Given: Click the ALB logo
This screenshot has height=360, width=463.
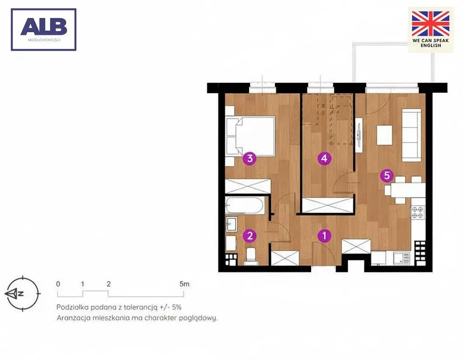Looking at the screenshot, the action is coord(44,30).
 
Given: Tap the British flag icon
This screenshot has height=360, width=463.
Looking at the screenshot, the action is coord(431,24).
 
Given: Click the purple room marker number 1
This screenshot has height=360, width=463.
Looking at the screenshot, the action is coord(324,236).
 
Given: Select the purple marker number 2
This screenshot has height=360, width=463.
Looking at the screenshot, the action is coord(250,236).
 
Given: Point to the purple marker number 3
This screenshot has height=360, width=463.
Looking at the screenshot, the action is coord(250,158).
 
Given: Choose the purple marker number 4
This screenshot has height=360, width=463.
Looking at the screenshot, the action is coord(324,158).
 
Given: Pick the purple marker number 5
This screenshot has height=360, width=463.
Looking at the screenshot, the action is coord(387,176).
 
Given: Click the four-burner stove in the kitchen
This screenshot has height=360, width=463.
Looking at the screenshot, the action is coord(418,213).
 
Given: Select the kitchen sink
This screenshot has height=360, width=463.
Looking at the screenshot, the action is coord(402,258).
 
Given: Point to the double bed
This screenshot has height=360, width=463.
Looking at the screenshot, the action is coord(250,136).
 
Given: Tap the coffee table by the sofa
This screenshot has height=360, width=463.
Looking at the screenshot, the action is coord(384,135).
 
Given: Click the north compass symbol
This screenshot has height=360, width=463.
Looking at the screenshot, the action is coord(22,293).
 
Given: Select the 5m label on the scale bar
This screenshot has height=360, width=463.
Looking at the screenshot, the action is coord(184,284).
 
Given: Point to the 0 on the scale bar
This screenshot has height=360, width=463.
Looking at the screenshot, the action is coord(58,284).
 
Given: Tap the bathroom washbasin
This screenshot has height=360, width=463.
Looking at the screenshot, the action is coord(231,224).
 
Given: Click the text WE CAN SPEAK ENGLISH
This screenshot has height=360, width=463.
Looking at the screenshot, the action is coord(431,43).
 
